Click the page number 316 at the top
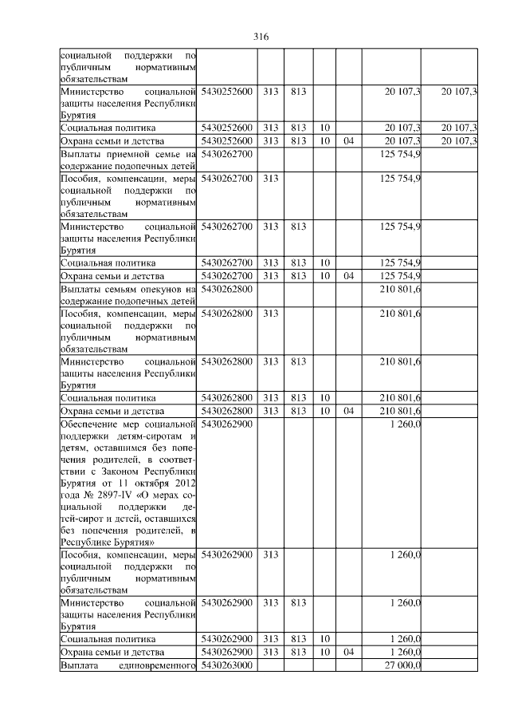tap(261, 37)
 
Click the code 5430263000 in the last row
tap(227, 665)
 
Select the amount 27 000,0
tap(402, 665)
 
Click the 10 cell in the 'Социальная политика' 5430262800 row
tap(324, 397)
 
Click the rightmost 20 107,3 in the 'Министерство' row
tap(459, 92)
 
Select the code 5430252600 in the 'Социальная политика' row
tap(227, 128)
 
